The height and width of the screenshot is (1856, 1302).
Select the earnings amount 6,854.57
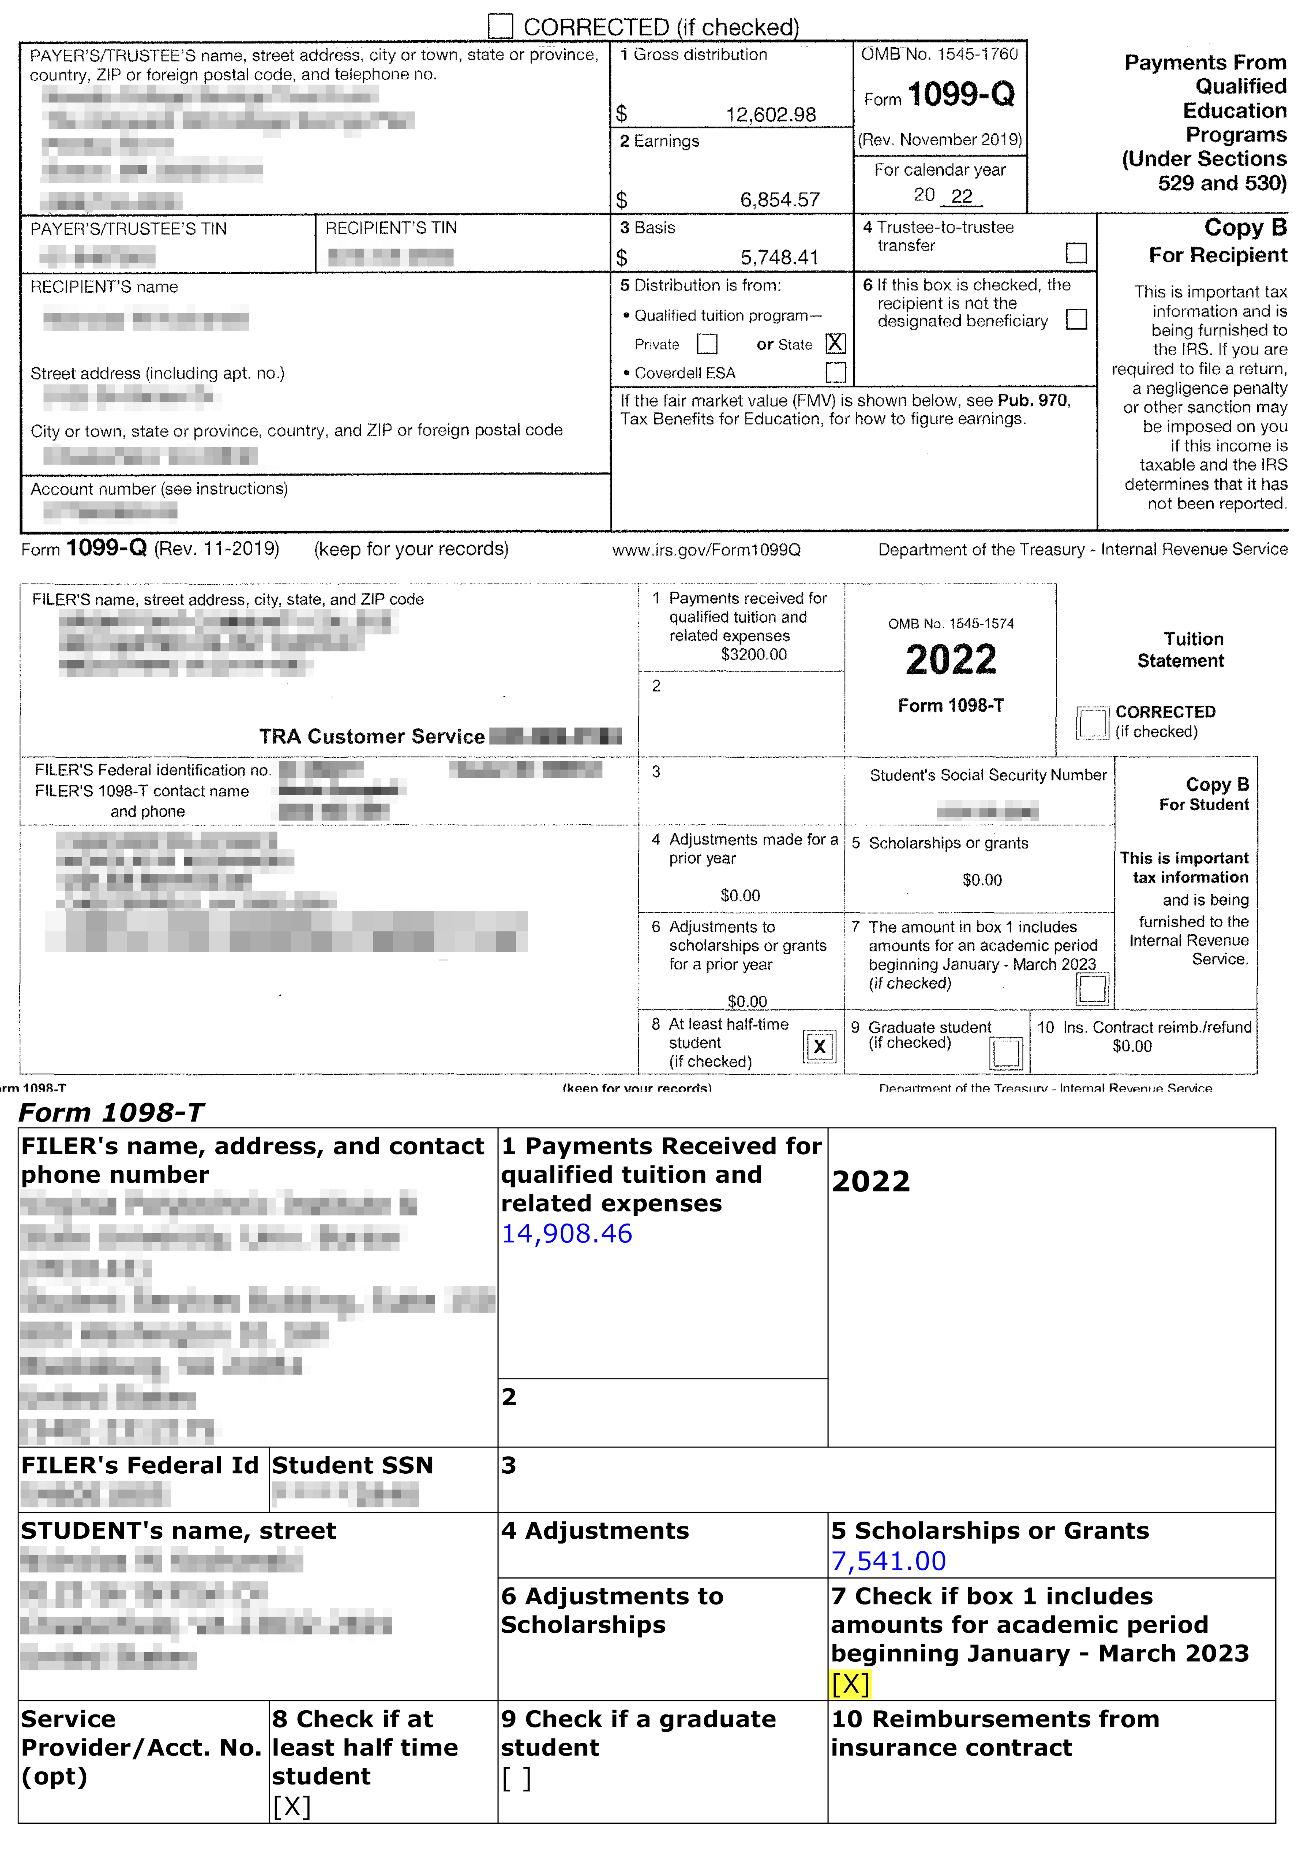click(779, 200)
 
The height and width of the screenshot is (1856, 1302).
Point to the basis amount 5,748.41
click(779, 258)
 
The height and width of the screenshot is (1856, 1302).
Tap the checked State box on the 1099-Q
click(835, 343)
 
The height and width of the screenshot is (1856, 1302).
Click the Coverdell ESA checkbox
click(835, 373)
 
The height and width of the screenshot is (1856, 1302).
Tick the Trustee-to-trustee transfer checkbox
click(1076, 253)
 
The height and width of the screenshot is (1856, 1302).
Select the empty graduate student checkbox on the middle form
click(1005, 1052)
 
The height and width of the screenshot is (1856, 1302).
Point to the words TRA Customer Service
click(372, 737)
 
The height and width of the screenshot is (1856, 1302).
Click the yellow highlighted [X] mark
click(850, 1684)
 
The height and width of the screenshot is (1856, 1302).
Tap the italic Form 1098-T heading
click(112, 1113)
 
